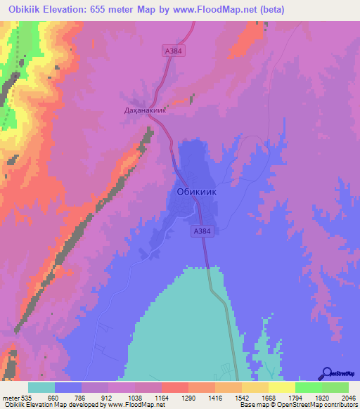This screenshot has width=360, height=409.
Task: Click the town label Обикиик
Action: [194, 191]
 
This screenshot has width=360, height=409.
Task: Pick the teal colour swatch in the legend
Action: [41, 387]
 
